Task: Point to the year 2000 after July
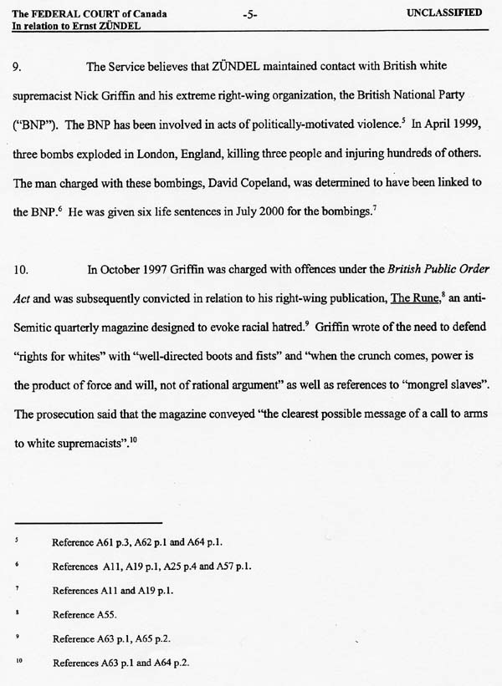tap(266, 212)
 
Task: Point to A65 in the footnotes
tap(156, 639)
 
